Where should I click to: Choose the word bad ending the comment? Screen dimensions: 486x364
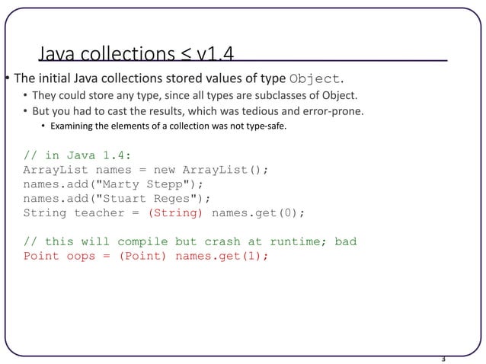click(345, 241)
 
